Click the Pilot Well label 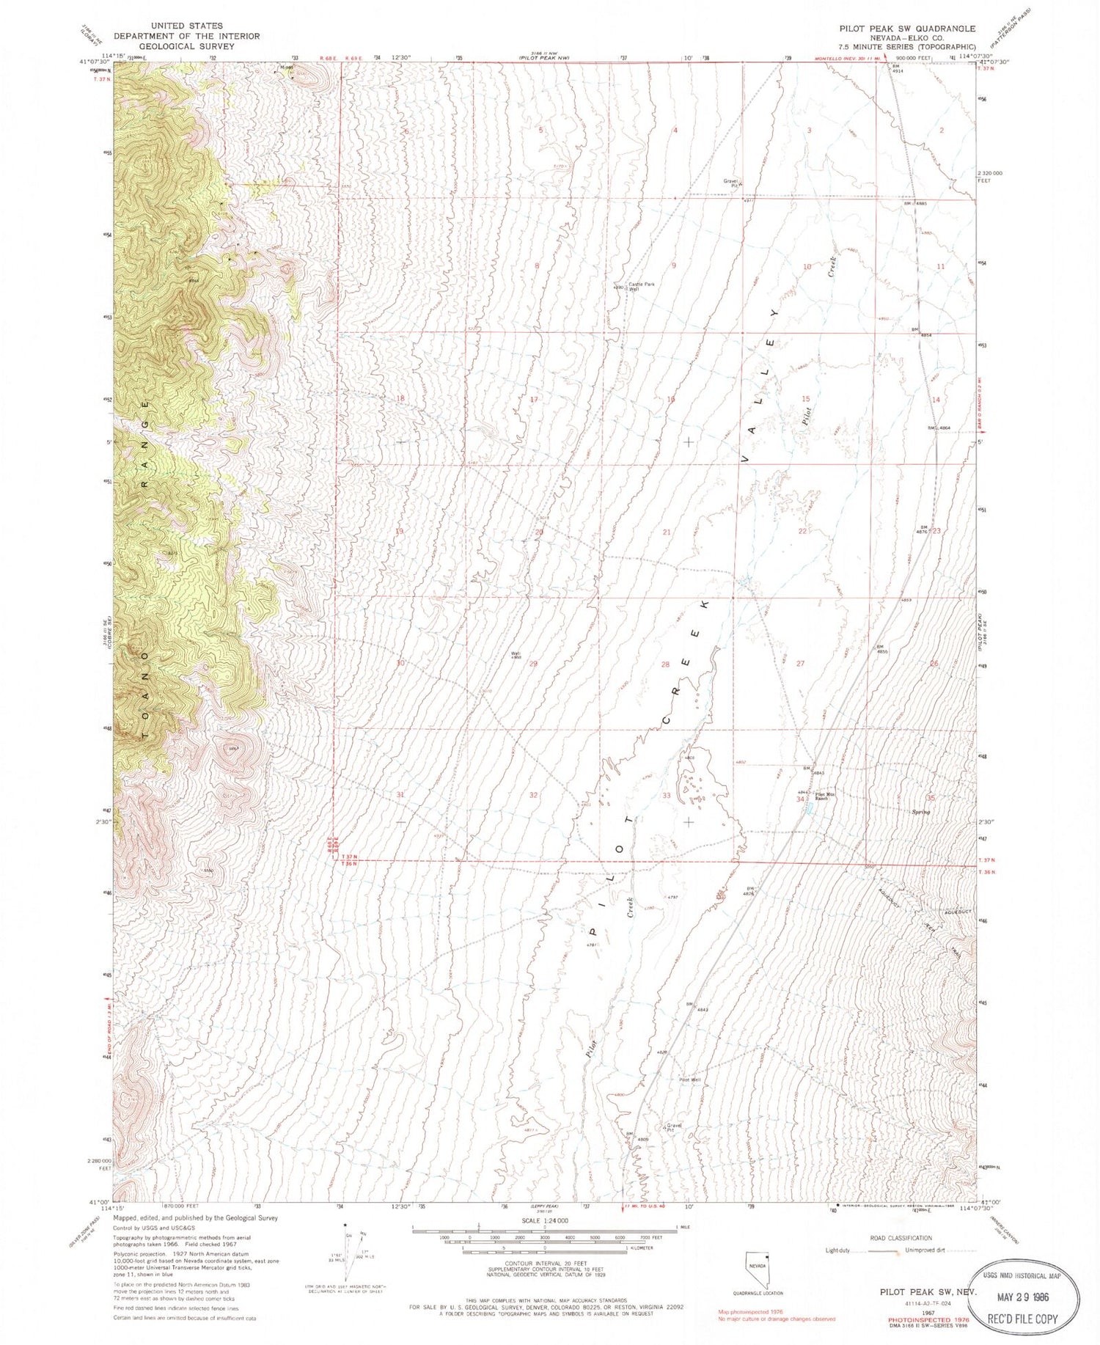point(689,1080)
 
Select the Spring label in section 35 point(920,812)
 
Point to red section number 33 point(666,795)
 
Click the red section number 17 point(534,400)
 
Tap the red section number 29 point(534,664)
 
